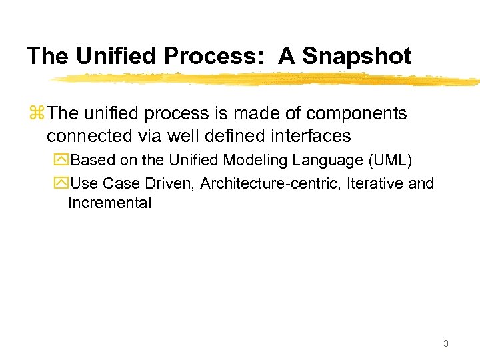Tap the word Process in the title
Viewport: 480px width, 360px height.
coord(213,56)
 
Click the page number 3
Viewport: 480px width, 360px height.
coord(446,344)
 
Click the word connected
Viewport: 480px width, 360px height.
coord(87,136)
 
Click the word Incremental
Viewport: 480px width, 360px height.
coord(110,203)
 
